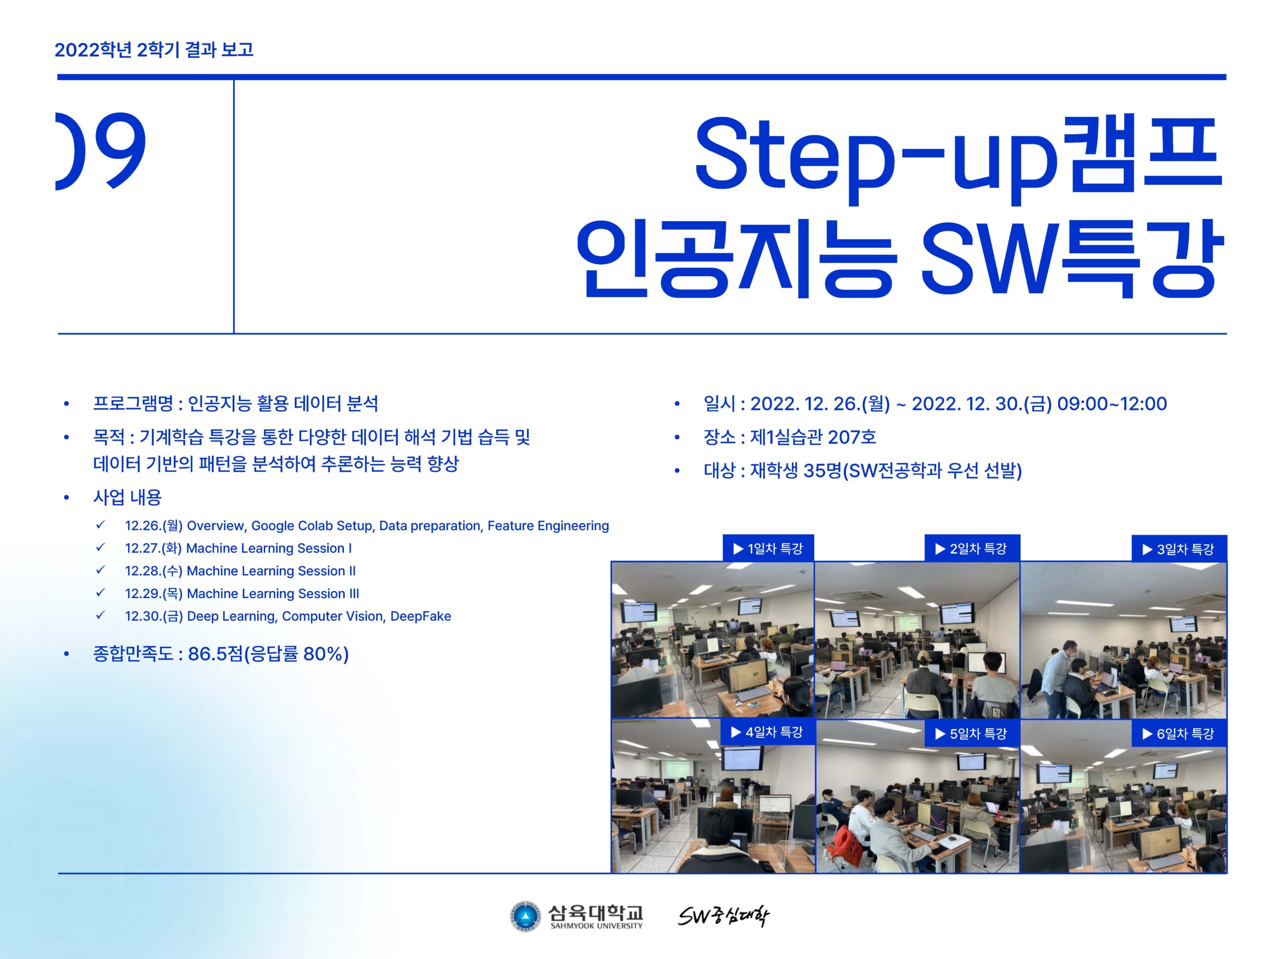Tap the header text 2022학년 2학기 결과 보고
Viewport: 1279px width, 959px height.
(154, 50)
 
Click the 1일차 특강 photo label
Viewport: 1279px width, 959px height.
(768, 548)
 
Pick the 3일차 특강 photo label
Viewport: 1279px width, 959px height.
(1179, 548)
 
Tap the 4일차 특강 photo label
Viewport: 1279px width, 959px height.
(768, 732)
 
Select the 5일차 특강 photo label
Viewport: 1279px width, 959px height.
(972, 734)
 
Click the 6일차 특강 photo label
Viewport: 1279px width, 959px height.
(1179, 734)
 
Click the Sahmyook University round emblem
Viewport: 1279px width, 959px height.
(525, 916)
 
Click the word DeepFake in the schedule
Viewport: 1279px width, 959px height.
(420, 616)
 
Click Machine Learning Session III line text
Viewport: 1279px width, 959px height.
(273, 594)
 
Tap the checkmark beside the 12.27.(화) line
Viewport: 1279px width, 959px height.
(100, 547)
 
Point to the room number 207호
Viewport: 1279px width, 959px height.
(852, 437)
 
